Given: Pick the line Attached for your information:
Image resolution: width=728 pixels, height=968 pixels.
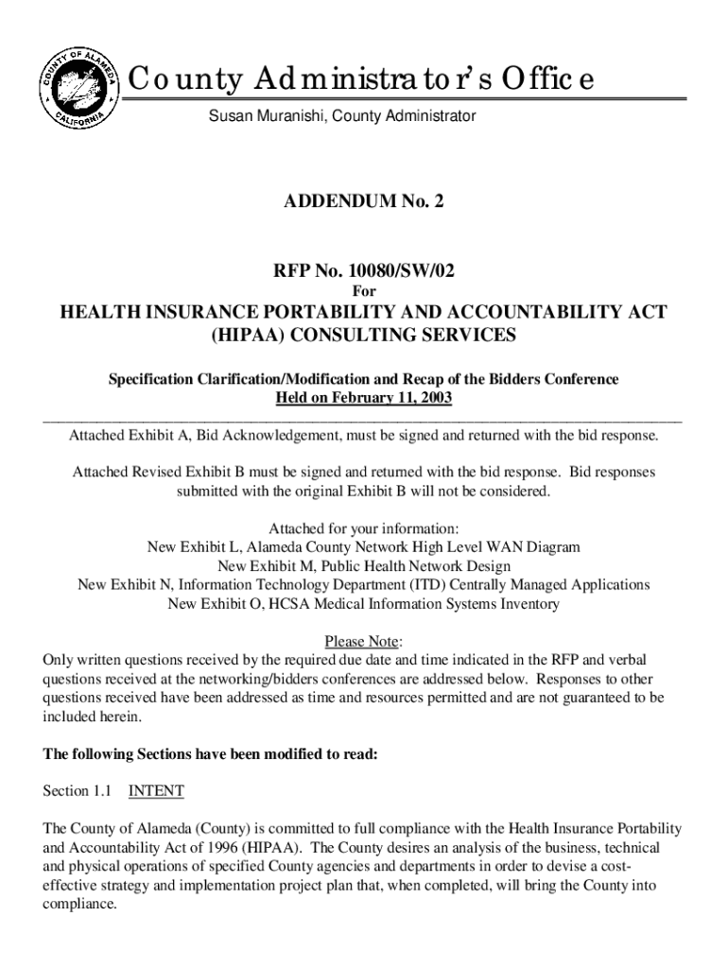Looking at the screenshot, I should coord(364,528).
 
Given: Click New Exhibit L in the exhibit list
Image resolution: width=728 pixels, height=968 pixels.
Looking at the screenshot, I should coord(195,547).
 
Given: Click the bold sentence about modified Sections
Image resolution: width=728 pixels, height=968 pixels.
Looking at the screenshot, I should coord(211,754).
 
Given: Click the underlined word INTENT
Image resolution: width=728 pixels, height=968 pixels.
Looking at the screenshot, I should coord(156,790).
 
